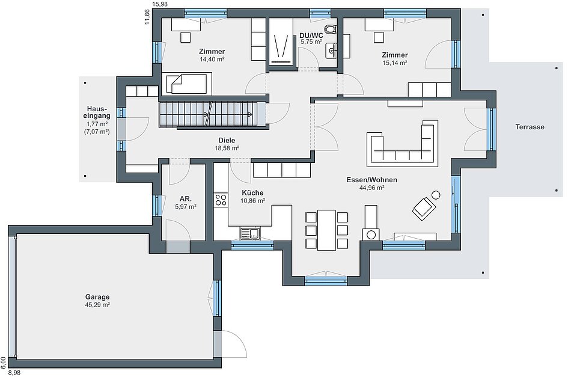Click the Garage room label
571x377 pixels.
point(97,297)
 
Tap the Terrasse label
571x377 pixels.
point(530,127)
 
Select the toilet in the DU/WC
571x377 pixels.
point(331,29)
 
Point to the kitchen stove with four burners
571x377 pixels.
point(221,200)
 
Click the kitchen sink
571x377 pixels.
point(250,233)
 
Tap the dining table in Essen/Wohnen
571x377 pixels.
point(326,230)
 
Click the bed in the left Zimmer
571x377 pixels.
point(189,84)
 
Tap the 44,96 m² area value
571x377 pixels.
point(372,188)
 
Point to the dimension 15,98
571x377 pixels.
point(160,4)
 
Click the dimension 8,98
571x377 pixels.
point(14,373)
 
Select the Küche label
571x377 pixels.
point(252,193)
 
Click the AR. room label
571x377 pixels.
point(186,199)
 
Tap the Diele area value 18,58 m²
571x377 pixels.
point(227,149)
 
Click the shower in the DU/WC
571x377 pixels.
point(281,41)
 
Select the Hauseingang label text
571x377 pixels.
point(97,112)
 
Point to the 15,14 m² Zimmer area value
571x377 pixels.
point(395,63)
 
